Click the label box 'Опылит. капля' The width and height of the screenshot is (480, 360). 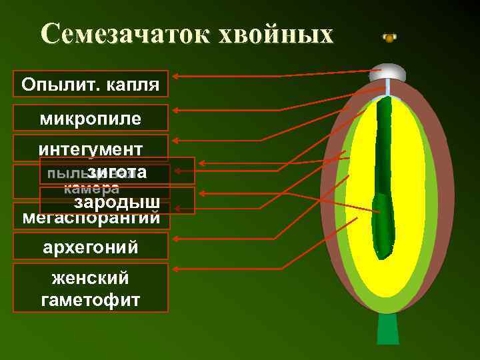pyautogui.click(x=90, y=85)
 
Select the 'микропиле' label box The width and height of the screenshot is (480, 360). pyautogui.click(x=90, y=119)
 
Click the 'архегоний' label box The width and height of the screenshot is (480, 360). pyautogui.click(x=90, y=247)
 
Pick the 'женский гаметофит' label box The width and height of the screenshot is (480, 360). pyautogui.click(x=90, y=288)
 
